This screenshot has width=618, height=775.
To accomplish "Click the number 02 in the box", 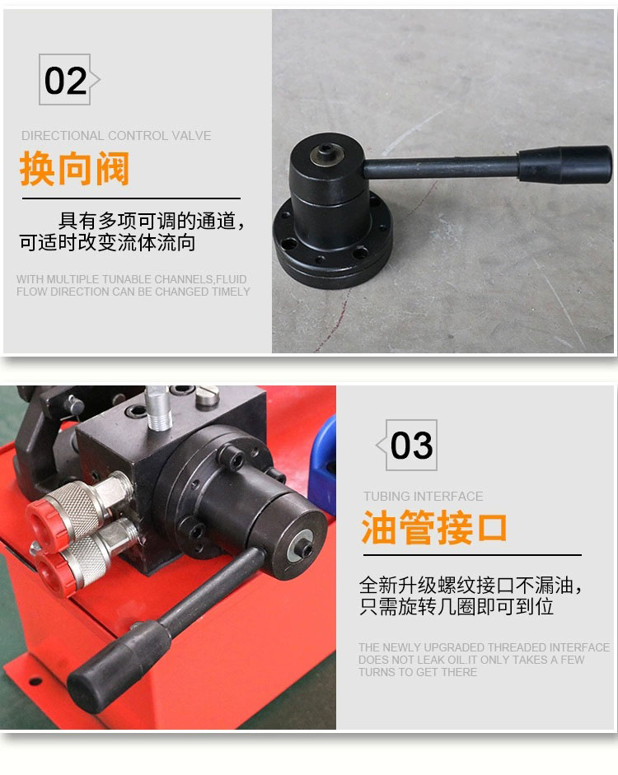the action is click(65, 81).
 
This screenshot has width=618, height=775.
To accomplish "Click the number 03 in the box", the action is click(411, 446).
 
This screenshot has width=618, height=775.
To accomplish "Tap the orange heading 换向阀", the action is click(75, 169).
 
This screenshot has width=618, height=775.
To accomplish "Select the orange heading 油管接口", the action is click(434, 527).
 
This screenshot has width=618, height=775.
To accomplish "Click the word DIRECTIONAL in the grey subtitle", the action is click(63, 135).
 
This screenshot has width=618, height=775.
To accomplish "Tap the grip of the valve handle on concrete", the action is click(565, 165).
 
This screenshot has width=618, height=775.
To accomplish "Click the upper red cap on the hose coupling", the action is click(45, 524).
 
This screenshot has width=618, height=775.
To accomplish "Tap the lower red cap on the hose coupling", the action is click(55, 573).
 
